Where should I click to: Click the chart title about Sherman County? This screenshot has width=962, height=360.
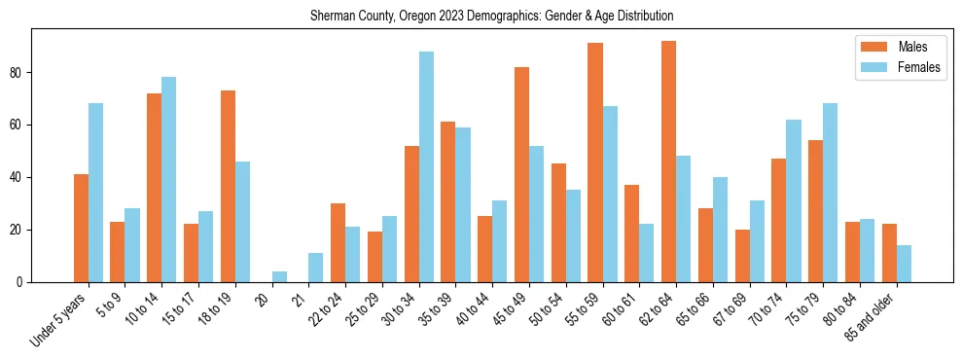coord(491,17)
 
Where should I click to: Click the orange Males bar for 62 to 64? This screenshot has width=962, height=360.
coord(668,162)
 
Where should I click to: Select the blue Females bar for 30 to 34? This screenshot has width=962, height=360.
coord(426,167)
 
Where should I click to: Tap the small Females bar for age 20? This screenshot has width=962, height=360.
coord(279,277)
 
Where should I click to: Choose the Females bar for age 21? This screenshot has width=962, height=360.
coord(316,268)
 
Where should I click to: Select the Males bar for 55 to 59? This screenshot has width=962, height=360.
coord(594,162)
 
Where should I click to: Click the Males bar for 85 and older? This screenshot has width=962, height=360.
coord(889,253)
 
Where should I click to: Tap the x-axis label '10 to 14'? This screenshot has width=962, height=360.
coord(141,307)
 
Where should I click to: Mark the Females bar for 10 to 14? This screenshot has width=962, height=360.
coord(169,180)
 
